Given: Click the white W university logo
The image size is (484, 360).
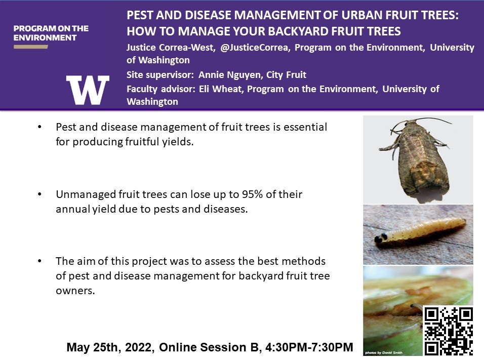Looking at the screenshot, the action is (88, 90).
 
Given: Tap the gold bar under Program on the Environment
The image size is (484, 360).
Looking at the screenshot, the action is (30, 47).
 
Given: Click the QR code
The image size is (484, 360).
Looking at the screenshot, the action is (449, 331).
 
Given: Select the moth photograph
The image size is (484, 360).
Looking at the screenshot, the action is (418, 159).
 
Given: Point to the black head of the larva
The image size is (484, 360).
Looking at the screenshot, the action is (382, 238).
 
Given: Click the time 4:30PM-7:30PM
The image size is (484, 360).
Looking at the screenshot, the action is (309, 347).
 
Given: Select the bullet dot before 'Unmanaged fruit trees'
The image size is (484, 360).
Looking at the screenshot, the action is (39, 194).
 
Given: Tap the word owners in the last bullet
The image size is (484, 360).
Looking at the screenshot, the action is (75, 291).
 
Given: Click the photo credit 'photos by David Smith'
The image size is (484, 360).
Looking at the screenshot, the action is (384, 352).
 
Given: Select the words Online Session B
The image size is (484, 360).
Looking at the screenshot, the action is (209, 347).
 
